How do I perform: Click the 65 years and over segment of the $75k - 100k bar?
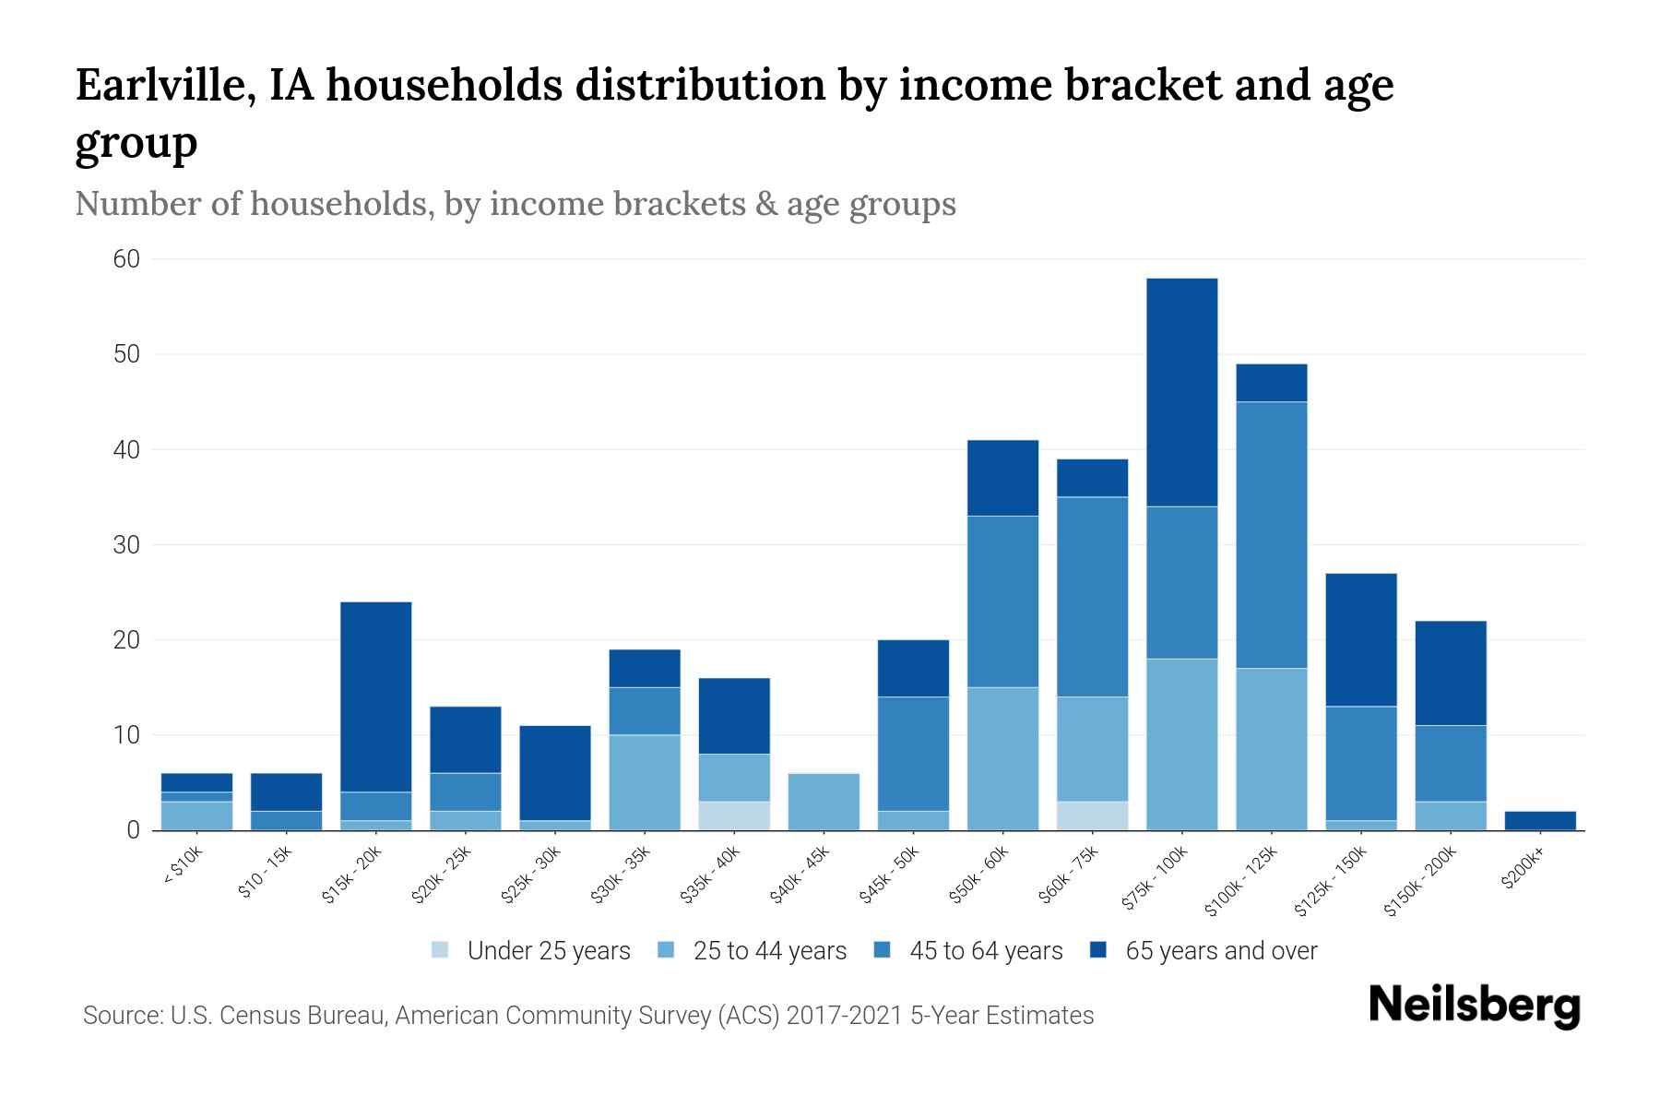[x=1181, y=392]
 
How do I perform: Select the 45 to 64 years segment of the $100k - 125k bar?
[x=1271, y=535]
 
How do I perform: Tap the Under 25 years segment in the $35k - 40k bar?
[x=734, y=815]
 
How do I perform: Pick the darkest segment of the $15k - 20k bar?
[x=375, y=696]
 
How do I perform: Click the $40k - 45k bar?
[x=824, y=802]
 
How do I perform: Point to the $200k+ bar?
[x=1540, y=820]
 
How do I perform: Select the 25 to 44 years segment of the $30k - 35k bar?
[x=645, y=782]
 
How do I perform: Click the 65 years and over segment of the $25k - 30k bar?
[x=555, y=773]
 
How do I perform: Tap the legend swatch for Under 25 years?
[x=440, y=950]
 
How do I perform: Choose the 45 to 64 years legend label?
[x=986, y=951]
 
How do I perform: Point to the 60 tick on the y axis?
[x=126, y=259]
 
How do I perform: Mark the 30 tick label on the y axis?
[x=126, y=545]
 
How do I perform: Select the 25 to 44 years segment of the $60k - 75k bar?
[x=1092, y=749]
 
